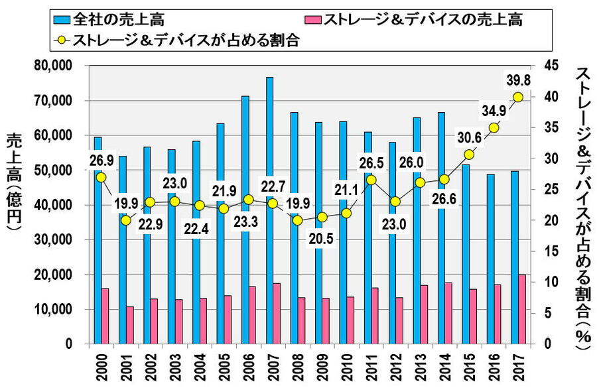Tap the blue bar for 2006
tap(245, 220)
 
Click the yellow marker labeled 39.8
tap(517, 97)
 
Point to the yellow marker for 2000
tap(101, 177)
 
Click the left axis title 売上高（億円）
tap(14, 182)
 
